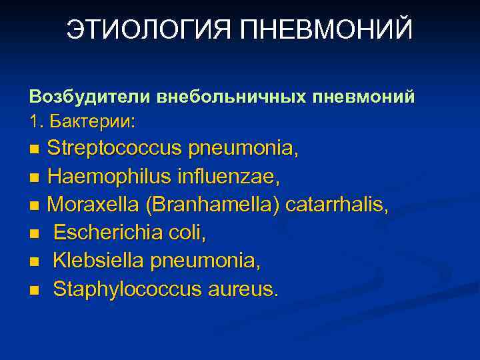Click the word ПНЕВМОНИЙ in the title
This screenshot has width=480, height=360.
[x=327, y=31]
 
